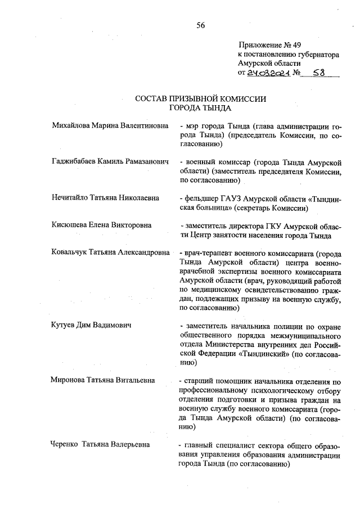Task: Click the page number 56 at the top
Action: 200,25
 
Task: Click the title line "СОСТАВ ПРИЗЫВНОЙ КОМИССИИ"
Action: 200,99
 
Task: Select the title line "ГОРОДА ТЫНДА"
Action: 200,108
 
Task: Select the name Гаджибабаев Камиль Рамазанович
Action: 110,161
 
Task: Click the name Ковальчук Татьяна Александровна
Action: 110,253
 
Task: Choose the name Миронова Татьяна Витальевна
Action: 102,381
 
